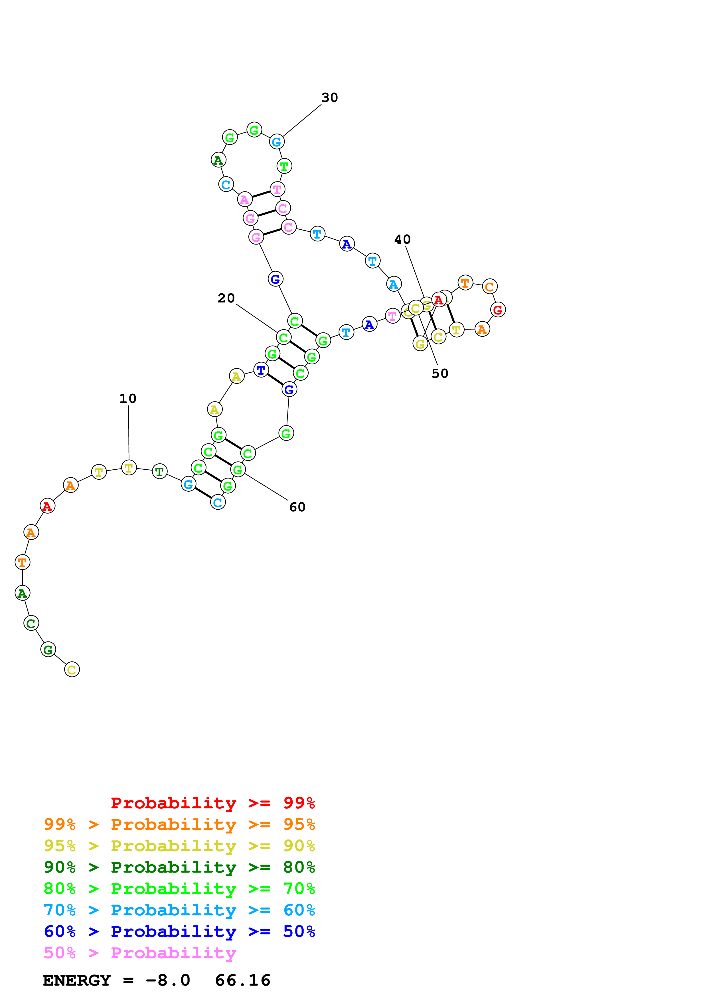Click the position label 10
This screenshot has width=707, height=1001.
pos(128,398)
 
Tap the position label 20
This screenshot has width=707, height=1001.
pos(226,298)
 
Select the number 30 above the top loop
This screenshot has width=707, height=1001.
pos(329,98)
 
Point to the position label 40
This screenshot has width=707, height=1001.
pos(402,239)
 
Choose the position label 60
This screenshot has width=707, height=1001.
pos(297,507)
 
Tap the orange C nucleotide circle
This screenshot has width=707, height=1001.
pos(490,286)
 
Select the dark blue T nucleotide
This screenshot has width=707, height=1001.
pos(261,370)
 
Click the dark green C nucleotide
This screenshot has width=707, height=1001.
pos(31,623)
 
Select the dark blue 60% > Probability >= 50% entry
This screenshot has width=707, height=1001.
pos(179,931)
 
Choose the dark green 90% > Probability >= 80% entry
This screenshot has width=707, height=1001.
pos(179,867)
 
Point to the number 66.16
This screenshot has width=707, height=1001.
pos(243,980)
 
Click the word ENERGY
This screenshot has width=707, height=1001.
pos(77,980)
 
